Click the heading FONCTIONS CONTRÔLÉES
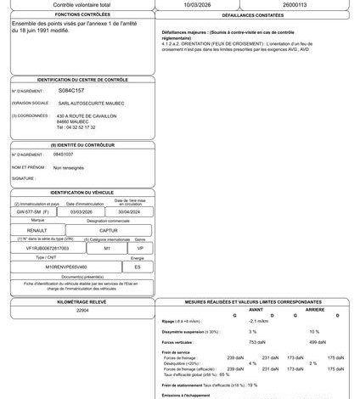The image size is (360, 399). click(77, 15)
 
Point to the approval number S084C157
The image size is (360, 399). click(71, 89)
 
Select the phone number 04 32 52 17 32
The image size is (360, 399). click(76, 126)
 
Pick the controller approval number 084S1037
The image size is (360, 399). click(63, 155)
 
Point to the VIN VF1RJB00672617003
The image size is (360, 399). click(48, 248)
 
